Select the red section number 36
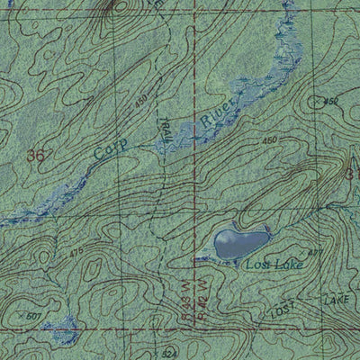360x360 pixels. point(36,156)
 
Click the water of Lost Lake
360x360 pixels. point(239,242)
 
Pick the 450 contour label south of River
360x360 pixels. point(268,140)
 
